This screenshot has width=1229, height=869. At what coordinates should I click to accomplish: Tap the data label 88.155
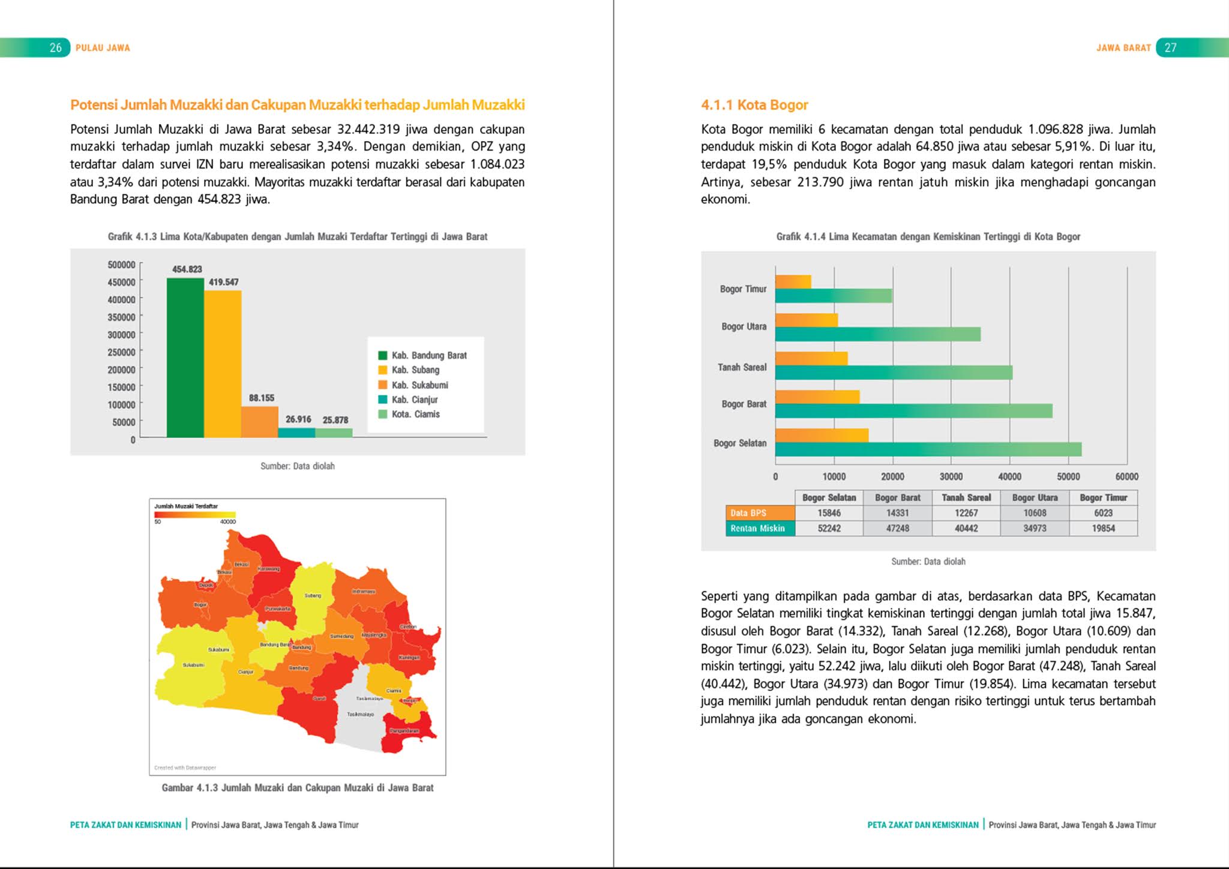coord(262,398)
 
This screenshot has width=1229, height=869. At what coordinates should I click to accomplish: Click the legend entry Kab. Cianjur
coord(415,400)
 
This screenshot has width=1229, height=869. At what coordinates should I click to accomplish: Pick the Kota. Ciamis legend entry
coord(415,414)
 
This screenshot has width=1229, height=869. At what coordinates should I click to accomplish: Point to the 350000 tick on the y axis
coord(121,317)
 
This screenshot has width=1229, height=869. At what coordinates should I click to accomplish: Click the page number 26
coord(56,48)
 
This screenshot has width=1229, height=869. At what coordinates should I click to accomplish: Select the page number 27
coord(1170,48)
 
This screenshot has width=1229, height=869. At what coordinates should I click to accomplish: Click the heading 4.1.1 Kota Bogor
coord(754,105)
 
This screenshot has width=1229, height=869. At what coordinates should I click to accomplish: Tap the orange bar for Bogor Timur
coord(793,281)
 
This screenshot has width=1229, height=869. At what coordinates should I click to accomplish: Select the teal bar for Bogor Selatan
coord(928,450)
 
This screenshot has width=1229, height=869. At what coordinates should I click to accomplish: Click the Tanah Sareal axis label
coord(742,367)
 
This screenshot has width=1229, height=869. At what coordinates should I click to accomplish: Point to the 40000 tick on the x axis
coord(1009,477)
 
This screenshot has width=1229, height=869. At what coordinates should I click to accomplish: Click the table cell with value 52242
coord(829,529)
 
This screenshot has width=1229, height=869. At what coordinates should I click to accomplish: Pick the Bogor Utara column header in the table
coord(1035,498)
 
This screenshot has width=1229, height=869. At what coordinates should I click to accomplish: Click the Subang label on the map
coord(313,595)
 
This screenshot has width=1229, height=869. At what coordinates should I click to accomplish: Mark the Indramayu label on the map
coord(364,591)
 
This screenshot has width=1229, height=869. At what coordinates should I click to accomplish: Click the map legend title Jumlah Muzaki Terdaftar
coord(186,506)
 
